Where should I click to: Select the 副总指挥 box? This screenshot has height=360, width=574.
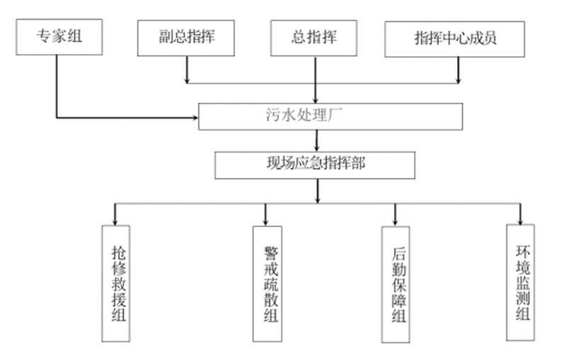[186, 38]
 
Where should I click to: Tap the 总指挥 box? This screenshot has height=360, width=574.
[315, 38]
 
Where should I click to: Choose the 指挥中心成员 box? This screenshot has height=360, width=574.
[455, 39]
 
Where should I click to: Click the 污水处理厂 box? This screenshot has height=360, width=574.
[330, 117]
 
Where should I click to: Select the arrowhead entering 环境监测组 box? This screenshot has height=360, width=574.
[520, 219]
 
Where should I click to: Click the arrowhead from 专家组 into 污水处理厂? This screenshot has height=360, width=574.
[194, 117]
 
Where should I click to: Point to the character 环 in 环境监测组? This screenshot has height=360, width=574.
[522, 252]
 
